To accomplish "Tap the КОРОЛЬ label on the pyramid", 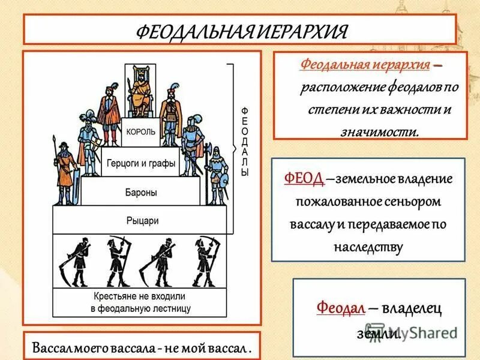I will [142, 131].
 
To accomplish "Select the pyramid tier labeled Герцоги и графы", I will [142, 163].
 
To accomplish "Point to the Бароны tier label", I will [142, 193].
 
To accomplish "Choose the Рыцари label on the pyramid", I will [143, 220].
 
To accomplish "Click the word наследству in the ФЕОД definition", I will [368, 246].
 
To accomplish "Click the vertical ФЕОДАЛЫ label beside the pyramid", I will [244, 142].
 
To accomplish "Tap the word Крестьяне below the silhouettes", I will [115, 296].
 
